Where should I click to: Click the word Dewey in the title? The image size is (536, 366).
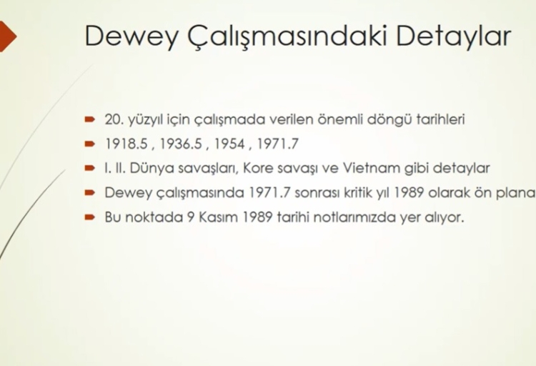pos(131,36)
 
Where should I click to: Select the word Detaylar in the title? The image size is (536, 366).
pos(453,36)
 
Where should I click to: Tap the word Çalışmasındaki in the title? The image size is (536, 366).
pos(287,37)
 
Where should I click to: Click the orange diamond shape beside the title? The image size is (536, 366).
pos(6,36)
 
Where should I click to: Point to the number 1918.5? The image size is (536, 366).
pos(126,144)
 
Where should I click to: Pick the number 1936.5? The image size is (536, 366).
pos(181,144)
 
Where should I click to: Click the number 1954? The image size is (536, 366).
pos(229,144)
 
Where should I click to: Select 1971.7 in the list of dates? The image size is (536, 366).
pos(277,144)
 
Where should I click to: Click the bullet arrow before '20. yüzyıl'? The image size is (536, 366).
pos(89,119)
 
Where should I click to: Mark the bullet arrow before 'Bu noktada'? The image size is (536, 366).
pos(89,217)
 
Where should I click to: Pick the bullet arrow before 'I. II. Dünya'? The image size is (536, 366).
pos(89,168)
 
